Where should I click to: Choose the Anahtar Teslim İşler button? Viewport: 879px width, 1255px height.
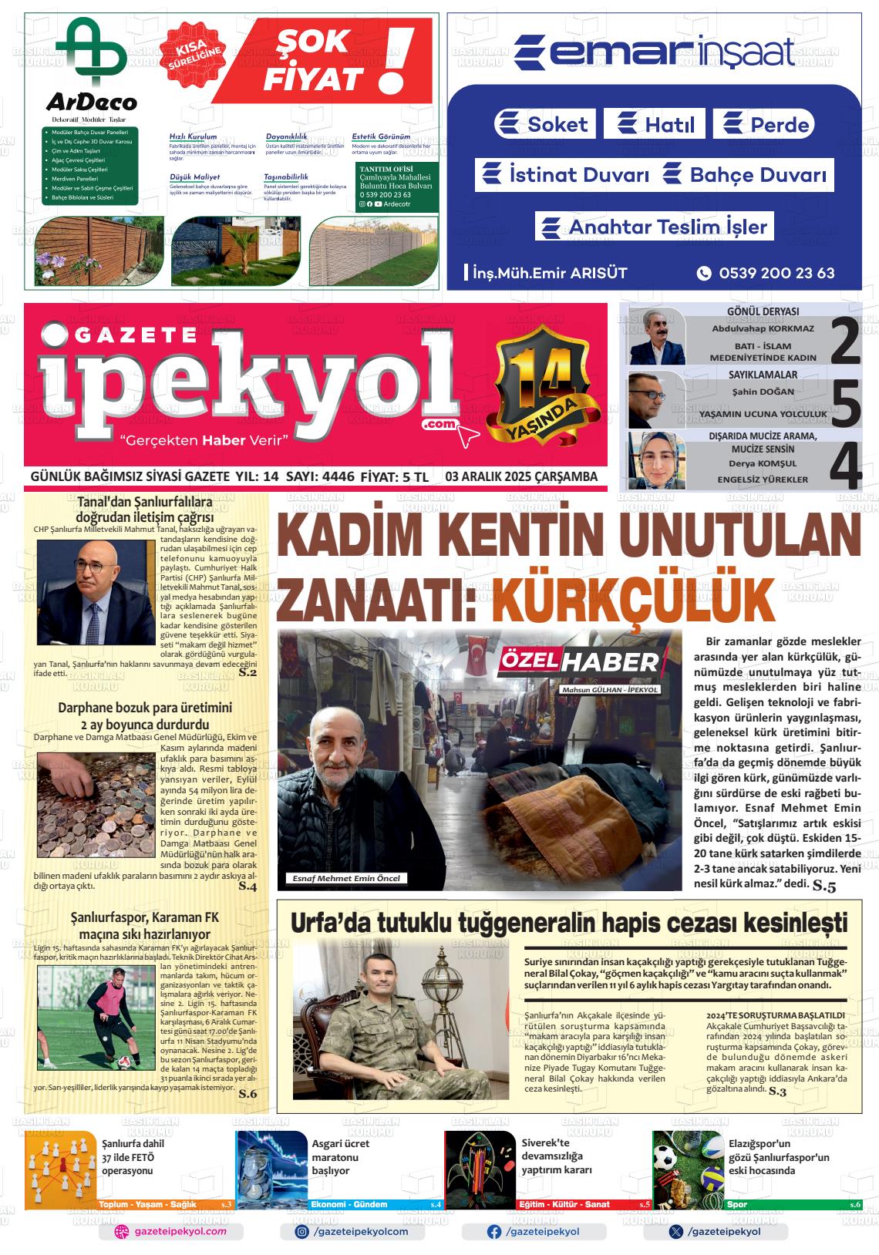[x=655, y=227]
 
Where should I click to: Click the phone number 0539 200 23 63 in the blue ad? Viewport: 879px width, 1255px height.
[x=776, y=273]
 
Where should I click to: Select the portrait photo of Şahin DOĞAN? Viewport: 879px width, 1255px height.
[x=656, y=399]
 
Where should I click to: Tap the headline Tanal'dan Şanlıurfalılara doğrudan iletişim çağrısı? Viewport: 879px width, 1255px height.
[x=144, y=510]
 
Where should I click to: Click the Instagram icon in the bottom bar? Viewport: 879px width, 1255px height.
[x=303, y=1232]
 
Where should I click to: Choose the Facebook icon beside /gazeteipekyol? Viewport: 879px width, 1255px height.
[x=494, y=1232]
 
